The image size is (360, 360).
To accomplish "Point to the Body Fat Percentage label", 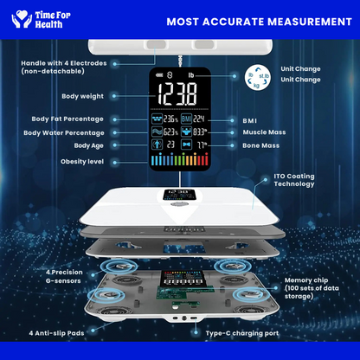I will (68, 119).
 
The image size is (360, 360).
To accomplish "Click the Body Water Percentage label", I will (64, 132).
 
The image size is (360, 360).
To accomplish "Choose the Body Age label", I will (87, 147).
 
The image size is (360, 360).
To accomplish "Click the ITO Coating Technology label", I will (288, 180).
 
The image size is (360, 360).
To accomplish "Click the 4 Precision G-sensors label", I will (62, 277).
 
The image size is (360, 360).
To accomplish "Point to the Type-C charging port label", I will (241, 332).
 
